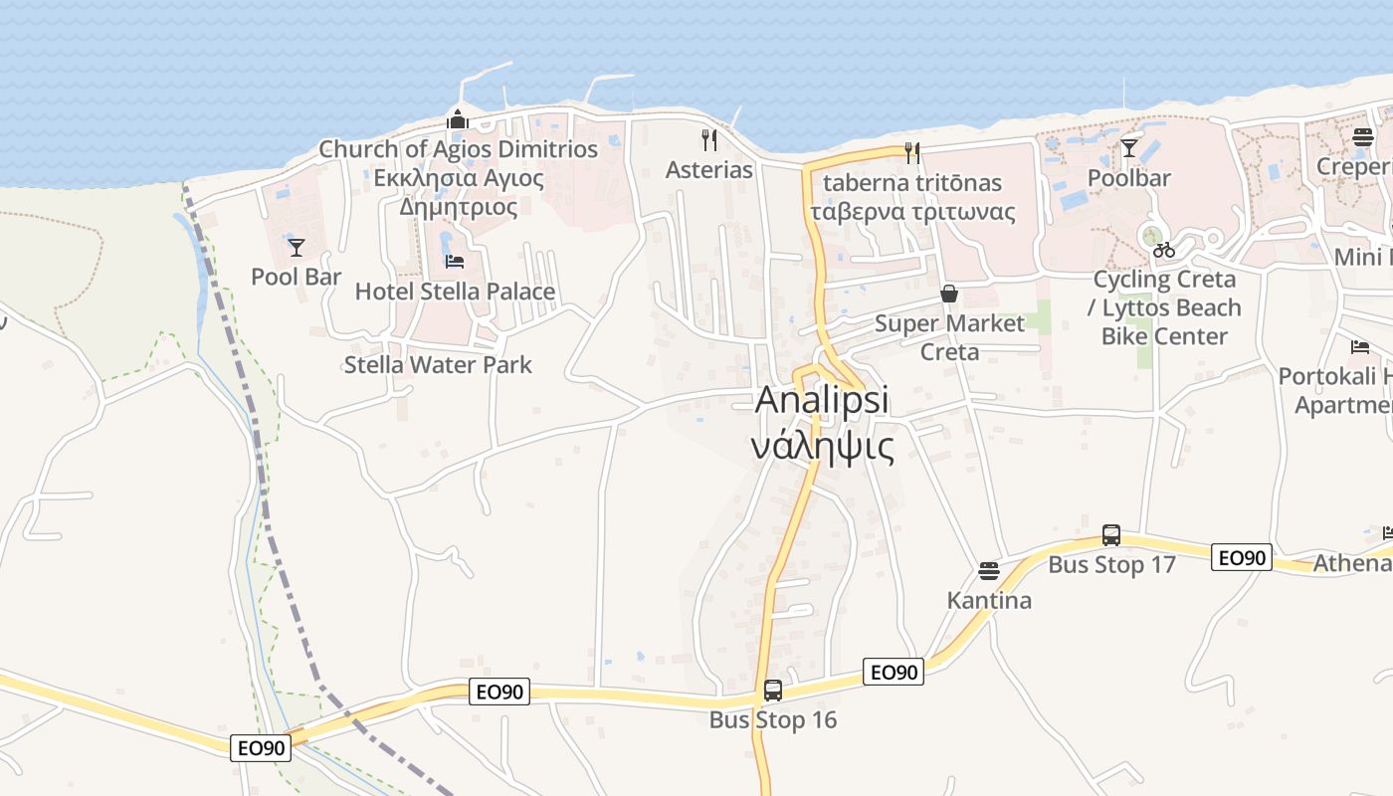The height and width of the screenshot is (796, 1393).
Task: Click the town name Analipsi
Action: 822,400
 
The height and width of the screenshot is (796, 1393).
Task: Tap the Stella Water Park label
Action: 438,365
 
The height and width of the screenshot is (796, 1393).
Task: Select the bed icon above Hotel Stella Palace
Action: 455,262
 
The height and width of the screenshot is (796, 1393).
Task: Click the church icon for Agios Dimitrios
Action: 458,119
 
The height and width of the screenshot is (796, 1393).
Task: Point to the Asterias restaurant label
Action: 709,170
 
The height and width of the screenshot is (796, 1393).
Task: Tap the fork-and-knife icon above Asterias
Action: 709,140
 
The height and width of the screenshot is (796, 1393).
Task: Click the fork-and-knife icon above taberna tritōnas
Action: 911,152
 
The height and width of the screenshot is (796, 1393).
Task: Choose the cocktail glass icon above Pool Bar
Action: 296,247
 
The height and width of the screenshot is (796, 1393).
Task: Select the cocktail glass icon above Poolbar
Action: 1129,148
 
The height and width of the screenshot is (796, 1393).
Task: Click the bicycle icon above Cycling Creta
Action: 1164,250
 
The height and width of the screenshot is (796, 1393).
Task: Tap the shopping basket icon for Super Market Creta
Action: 949,294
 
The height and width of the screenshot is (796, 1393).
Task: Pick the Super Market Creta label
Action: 949,337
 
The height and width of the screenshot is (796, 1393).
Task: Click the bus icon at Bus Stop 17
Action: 1111,535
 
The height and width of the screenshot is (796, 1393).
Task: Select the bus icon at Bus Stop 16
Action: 773,690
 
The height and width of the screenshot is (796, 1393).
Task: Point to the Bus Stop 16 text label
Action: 773,719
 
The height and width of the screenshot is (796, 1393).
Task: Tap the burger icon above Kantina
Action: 988,571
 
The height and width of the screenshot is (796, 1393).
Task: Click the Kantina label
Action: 989,601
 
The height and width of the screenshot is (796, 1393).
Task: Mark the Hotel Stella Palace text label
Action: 455,292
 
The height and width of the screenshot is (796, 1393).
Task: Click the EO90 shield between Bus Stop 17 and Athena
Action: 1241,558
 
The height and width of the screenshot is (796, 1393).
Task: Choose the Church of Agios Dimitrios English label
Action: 458,149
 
